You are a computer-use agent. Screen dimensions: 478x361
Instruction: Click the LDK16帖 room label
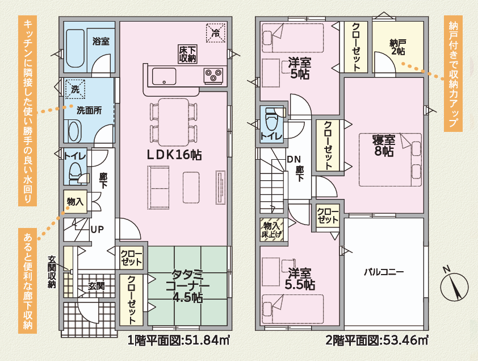pyautogui.click(x=174, y=155)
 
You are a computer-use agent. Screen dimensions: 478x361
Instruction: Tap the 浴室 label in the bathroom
pyautogui.click(x=101, y=42)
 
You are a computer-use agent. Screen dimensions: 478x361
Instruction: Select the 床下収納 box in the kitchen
pyautogui.click(x=187, y=54)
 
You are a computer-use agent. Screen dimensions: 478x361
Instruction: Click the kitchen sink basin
pyautogui.click(x=164, y=76)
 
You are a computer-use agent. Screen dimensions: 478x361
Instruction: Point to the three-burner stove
pyautogui.click(x=213, y=76)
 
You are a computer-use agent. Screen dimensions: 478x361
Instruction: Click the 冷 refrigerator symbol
pyautogui.click(x=216, y=32)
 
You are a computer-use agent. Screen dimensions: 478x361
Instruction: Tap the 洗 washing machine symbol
pyautogui.click(x=75, y=89)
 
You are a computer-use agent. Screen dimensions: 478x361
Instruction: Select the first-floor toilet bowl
pyautogui.click(x=74, y=173)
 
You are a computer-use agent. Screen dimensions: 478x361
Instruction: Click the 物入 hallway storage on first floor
pyautogui.click(x=76, y=202)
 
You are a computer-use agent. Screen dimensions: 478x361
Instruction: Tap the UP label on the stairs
pyautogui.click(x=97, y=229)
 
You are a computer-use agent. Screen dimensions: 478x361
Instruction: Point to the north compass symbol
pyautogui.click(x=454, y=285)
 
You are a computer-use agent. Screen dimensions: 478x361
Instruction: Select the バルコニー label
pyautogui.click(x=384, y=272)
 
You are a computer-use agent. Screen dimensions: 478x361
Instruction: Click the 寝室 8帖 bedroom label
pyautogui.click(x=384, y=146)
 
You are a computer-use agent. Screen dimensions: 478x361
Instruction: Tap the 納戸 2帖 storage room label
pyautogui.click(x=397, y=47)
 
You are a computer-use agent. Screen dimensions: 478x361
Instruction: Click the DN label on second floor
pyautogui.click(x=294, y=159)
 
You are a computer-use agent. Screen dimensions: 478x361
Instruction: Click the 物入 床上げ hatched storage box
pyautogui.click(x=271, y=230)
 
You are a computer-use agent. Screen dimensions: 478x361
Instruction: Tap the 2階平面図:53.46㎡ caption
pyautogui.click(x=377, y=339)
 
